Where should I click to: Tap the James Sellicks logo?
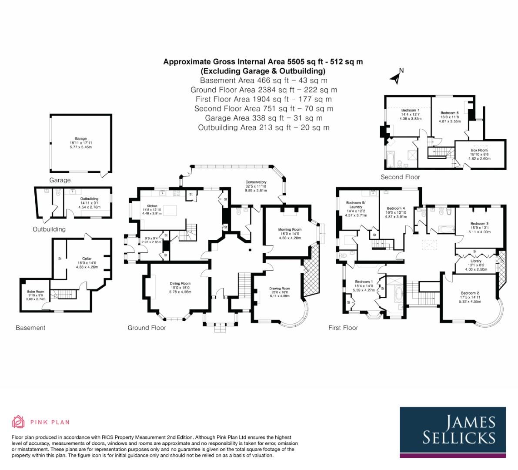pyautogui.click(x=453, y=432)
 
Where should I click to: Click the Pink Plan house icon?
pyautogui.click(x=19, y=422)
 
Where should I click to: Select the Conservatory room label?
pyautogui.click(x=256, y=182)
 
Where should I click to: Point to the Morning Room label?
pyautogui.click(x=290, y=229)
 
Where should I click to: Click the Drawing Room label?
pyautogui.click(x=280, y=289)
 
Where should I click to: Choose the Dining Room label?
pyautogui.click(x=180, y=284)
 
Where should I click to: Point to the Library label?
pyautogui.click(x=476, y=261)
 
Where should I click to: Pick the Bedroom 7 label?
pyautogui.click(x=410, y=110)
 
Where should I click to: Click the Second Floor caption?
pyautogui.click(x=400, y=177)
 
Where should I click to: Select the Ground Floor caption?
pyautogui.click(x=147, y=328)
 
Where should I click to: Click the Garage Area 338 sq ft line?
pyautogui.click(x=264, y=118)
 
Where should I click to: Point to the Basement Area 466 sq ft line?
pyautogui.click(x=264, y=81)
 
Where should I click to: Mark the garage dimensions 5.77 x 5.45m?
pyautogui.click(x=80, y=147)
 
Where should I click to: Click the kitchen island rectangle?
pyautogui.click(x=170, y=211)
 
